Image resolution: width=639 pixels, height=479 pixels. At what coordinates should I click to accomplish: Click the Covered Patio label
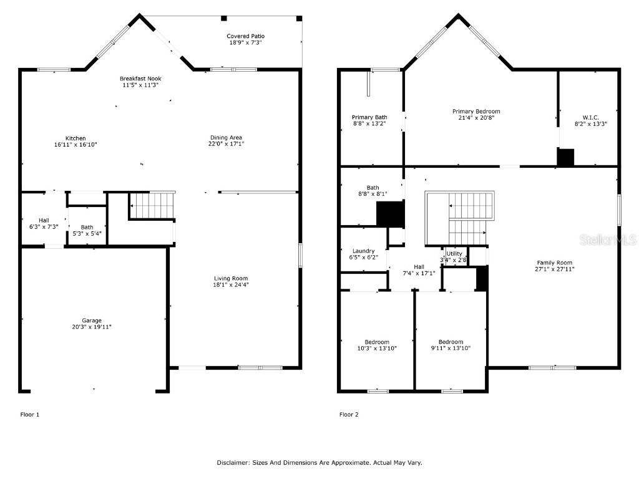tap(245, 36)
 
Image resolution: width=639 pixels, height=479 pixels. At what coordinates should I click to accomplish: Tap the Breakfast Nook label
tap(140, 79)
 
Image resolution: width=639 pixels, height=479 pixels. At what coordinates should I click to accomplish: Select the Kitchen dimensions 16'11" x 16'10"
tap(76, 145)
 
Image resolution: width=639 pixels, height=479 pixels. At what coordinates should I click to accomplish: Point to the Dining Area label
tap(226, 137)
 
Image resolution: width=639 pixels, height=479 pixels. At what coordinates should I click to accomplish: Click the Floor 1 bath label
tap(87, 227)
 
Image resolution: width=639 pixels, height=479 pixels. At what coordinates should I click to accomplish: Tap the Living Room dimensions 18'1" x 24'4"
tap(232, 285)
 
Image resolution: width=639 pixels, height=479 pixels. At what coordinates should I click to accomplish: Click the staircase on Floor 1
tap(152, 205)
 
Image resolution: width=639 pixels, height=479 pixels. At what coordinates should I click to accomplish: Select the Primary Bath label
tap(369, 117)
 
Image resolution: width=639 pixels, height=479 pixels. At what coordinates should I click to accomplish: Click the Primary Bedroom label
tap(476, 112)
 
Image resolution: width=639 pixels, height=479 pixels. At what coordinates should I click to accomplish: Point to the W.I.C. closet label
tap(590, 117)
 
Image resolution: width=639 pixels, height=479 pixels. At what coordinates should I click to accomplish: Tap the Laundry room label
tap(363, 251)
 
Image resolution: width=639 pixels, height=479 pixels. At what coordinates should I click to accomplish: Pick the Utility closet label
tap(454, 254)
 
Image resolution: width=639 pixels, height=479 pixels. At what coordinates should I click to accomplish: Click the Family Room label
tap(555, 263)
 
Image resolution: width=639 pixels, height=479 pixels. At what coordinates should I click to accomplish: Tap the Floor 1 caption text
tap(30, 414)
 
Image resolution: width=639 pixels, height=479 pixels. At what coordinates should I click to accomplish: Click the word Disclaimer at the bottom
tap(233, 463)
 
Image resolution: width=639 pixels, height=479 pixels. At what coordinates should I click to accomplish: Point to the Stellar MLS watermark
tap(614, 239)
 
